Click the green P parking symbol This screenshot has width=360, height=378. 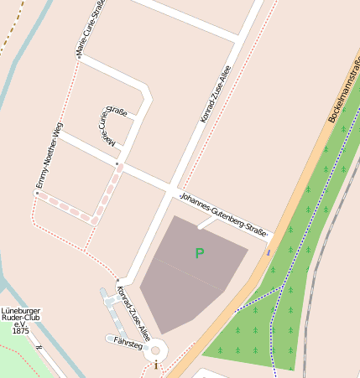(199, 253)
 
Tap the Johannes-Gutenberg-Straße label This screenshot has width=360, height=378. (223, 215)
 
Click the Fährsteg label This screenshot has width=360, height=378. (128, 342)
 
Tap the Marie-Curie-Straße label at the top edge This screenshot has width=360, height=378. (90, 27)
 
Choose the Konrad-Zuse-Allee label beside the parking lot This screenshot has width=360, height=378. (133, 308)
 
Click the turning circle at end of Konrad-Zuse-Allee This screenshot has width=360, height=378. (155, 351)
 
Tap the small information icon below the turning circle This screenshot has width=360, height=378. (156, 365)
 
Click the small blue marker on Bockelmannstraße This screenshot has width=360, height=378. (269, 251)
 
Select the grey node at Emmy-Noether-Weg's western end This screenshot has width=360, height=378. (36, 193)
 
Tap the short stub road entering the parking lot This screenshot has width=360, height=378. (206, 223)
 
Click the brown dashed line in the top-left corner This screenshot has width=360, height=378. (10, 25)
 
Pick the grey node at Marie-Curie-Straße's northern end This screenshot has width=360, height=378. (78, 55)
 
